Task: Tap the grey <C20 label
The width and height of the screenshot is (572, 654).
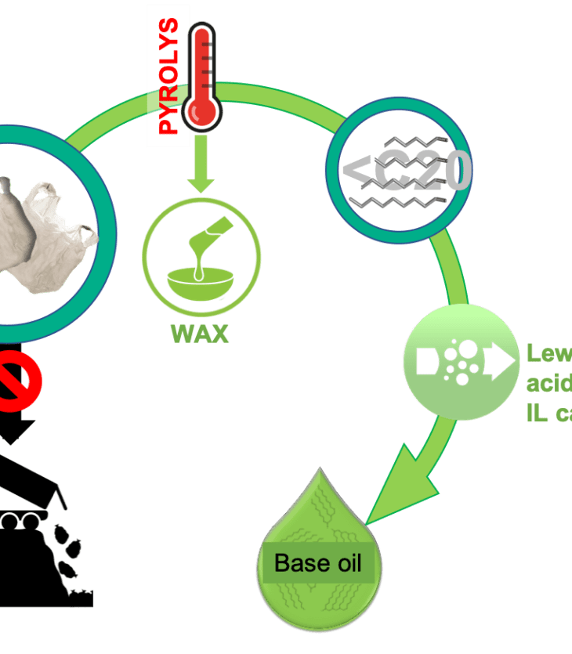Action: point(407,171)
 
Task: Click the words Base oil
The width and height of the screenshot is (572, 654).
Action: point(318,563)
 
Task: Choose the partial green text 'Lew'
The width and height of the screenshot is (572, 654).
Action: point(549,353)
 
